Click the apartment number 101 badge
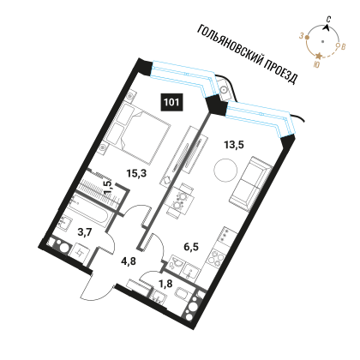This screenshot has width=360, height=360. (171, 102)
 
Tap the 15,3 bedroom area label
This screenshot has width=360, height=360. (136, 173)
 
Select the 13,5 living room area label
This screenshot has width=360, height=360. (234, 145)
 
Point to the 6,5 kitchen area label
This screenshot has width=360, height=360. (191, 246)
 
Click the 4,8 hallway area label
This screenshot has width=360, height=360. (129, 261)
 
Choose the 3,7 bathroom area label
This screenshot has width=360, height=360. (85, 232)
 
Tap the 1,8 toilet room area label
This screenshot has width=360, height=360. (165, 284)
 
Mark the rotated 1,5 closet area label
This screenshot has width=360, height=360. (109, 187)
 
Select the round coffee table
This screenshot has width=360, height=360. (225, 171)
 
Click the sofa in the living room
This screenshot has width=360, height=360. (251, 183)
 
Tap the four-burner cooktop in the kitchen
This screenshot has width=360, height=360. (217, 259)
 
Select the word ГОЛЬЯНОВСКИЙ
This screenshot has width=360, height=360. (230, 45)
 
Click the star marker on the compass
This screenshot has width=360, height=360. (319, 56)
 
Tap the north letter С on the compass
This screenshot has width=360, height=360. (329, 20)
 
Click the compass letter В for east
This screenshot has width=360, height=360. (344, 47)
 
